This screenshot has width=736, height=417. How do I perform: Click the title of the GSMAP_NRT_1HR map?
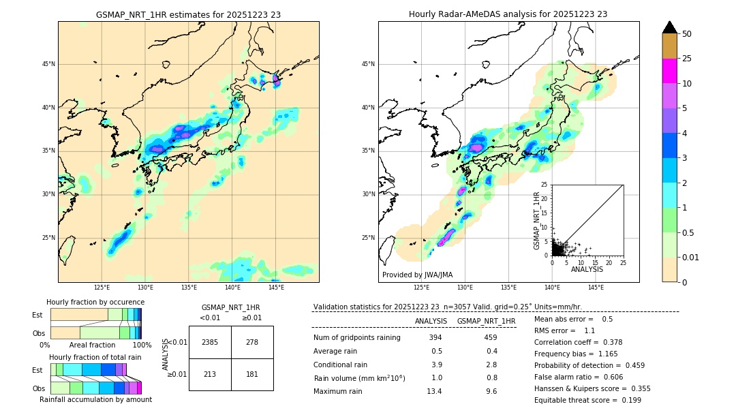188,14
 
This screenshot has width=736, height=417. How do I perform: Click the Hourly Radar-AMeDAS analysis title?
508,14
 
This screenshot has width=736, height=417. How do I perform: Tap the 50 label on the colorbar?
687,34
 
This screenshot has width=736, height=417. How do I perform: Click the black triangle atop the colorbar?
669,27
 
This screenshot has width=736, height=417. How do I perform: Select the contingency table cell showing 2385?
210,342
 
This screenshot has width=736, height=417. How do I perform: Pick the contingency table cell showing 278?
252,342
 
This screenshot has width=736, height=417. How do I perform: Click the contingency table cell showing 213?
210,374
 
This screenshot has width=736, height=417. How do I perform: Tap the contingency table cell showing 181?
252,374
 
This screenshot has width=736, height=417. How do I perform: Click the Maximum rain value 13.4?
435,391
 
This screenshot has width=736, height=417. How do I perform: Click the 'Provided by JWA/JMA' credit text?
417,275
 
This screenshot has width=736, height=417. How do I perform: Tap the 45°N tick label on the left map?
48,64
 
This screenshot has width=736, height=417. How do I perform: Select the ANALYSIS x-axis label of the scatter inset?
587,269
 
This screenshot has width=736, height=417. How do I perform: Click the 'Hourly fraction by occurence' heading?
95,302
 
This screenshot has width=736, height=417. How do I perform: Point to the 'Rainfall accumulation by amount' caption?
95,399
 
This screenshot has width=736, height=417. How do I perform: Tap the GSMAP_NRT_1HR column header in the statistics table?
486,321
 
